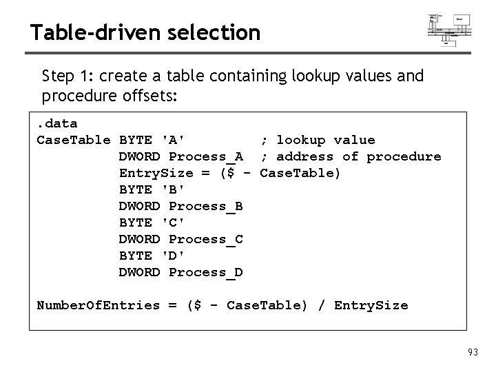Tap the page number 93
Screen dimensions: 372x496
[473, 353]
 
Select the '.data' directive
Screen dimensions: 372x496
[57, 123]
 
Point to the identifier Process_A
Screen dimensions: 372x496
[205, 156]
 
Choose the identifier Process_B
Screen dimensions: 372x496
[205, 206]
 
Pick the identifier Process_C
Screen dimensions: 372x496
[205, 239]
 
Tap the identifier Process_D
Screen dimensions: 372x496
[205, 272]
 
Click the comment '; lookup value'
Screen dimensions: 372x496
[318, 140]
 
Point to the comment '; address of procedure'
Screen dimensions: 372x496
[351, 156]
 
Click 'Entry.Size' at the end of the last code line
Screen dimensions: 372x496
[371, 305]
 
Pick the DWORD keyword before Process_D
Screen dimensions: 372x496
[140, 272]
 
